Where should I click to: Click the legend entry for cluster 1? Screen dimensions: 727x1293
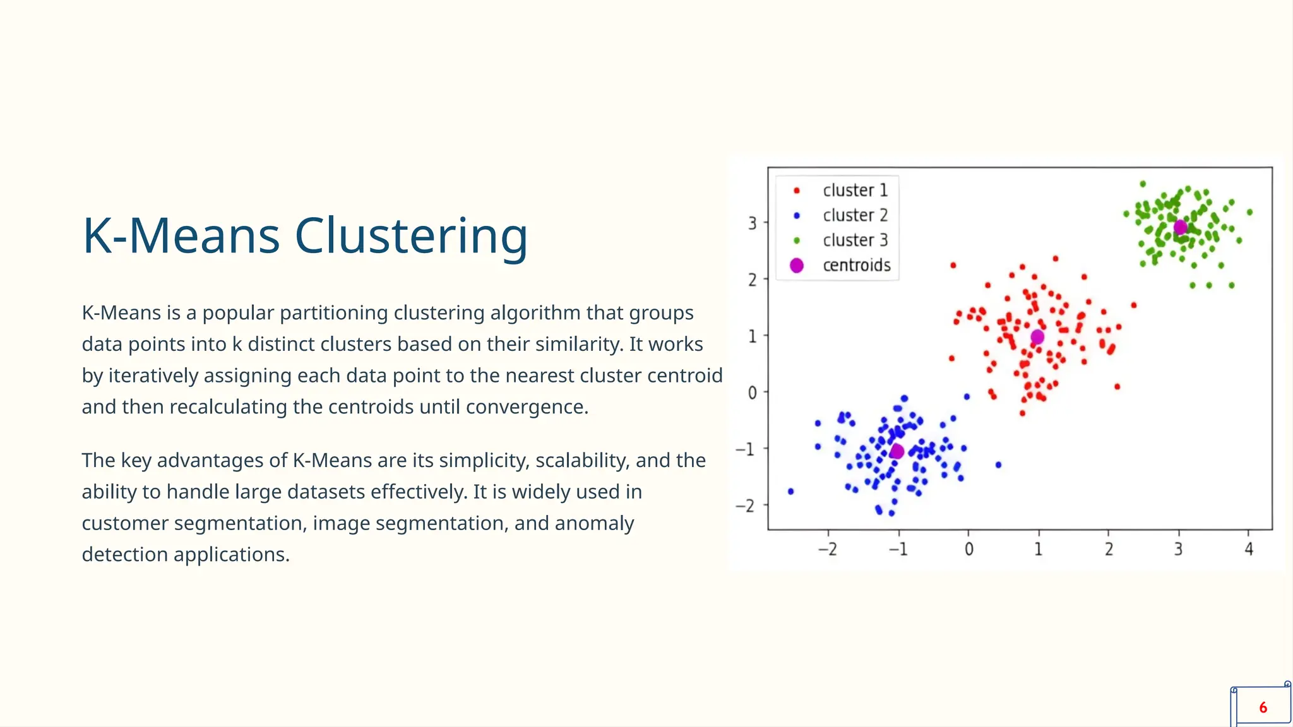(x=855, y=190)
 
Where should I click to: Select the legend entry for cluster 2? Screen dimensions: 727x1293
(x=855, y=215)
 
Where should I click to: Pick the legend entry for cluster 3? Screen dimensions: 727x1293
(x=855, y=240)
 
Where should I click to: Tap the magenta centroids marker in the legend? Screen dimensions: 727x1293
(x=797, y=266)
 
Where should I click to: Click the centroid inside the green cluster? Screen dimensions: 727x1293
(x=1180, y=227)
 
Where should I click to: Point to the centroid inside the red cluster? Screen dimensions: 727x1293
(x=1037, y=337)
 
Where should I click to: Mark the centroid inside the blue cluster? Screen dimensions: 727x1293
(x=897, y=451)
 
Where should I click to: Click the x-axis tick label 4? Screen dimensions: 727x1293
(x=1248, y=550)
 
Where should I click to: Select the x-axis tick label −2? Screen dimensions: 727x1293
(x=827, y=550)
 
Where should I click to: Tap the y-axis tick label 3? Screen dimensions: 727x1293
(x=752, y=223)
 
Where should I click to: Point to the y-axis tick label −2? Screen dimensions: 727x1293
(x=746, y=505)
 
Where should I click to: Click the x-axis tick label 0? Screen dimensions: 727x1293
(x=968, y=550)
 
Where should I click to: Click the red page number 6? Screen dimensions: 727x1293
(x=1263, y=707)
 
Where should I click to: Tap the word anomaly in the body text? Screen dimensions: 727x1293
(x=594, y=523)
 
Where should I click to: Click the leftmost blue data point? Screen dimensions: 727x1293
(x=790, y=492)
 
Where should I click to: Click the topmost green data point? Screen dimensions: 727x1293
(x=1143, y=184)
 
